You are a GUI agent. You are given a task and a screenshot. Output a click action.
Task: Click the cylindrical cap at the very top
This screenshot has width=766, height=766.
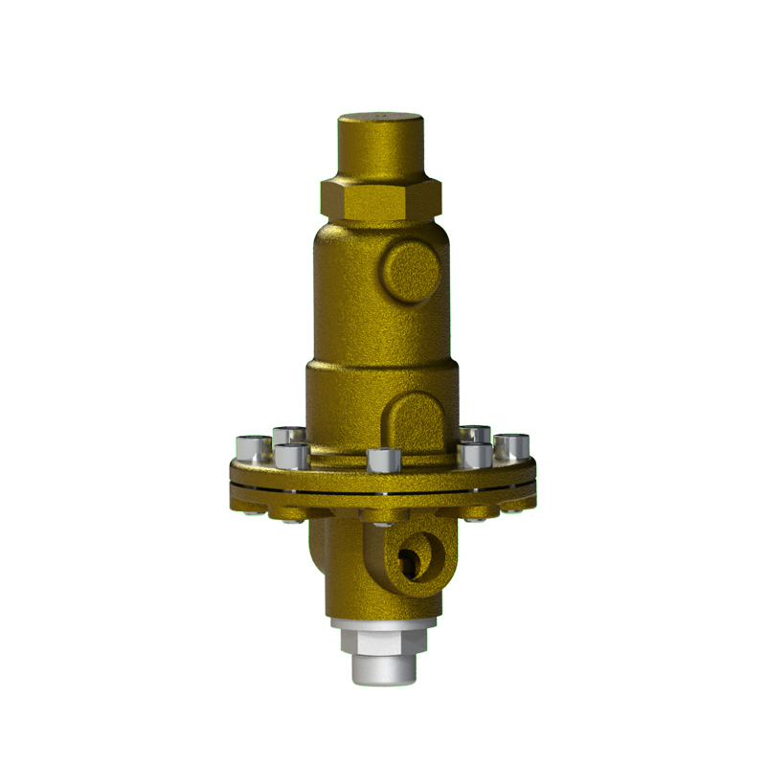pyautogui.click(x=380, y=144)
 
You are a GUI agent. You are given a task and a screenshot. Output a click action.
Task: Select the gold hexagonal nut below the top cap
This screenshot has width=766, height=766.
pyautogui.click(x=381, y=198)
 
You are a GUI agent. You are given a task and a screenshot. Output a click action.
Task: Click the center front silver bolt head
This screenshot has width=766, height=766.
pyautogui.click(x=381, y=461)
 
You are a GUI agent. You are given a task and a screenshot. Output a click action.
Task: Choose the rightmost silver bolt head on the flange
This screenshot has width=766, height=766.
pyautogui.click(x=513, y=446)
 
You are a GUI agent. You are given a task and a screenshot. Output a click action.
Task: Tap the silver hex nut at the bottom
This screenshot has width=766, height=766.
pyautogui.click(x=382, y=642)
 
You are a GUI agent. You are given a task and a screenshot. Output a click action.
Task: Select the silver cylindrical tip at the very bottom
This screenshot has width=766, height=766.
pyautogui.click(x=382, y=670)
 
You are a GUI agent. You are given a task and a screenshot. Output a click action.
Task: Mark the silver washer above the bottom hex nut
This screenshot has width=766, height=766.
pyautogui.click(x=382, y=622)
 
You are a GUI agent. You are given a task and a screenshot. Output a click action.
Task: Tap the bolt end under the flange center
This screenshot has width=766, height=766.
pyautogui.click(x=382, y=518)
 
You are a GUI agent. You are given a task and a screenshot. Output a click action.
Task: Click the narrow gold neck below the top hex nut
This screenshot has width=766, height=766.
pyautogui.click(x=380, y=231)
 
